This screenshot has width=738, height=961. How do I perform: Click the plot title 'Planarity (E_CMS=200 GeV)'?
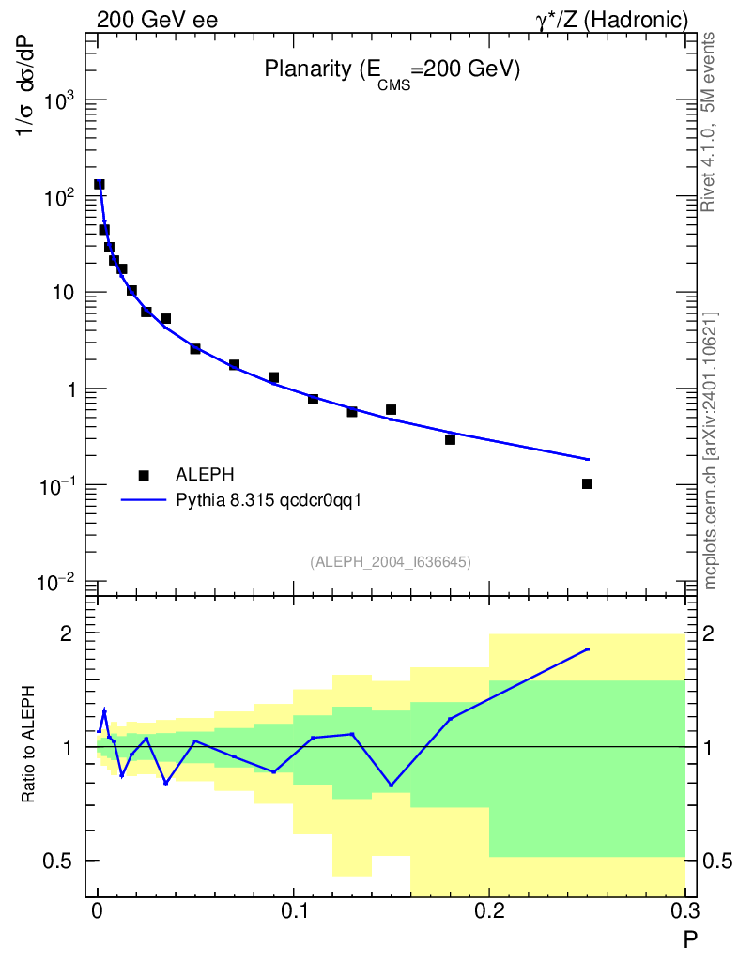pyautogui.click(x=392, y=71)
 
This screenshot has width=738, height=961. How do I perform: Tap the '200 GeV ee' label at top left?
pyautogui.click(x=157, y=21)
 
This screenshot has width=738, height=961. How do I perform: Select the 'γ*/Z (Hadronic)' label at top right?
pyautogui.click(x=612, y=21)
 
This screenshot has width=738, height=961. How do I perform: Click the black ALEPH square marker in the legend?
pyautogui.click(x=144, y=475)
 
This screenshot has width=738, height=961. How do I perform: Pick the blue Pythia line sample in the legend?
pyautogui.click(x=144, y=500)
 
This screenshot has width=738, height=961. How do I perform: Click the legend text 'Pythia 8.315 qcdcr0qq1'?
pyautogui.click(x=269, y=501)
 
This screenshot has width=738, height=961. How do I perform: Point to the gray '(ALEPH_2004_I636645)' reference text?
pyautogui.click(x=392, y=562)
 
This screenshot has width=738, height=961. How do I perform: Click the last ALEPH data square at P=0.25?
pyautogui.click(x=587, y=483)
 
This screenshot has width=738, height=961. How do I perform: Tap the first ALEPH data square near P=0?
pyautogui.click(x=100, y=184)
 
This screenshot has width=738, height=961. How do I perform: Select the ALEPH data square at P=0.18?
pyautogui.click(x=450, y=439)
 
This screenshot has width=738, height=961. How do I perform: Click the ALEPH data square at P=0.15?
pyautogui.click(x=392, y=409)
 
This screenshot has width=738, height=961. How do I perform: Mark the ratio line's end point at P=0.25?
pyautogui.click(x=587, y=649)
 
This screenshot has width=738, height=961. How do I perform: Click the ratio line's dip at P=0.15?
pyautogui.click(x=392, y=786)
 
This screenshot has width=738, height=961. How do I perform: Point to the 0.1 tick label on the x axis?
pyautogui.click(x=294, y=911)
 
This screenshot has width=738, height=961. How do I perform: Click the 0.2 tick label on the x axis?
pyautogui.click(x=489, y=911)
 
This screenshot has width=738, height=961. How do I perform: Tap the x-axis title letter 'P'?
pyautogui.click(x=691, y=939)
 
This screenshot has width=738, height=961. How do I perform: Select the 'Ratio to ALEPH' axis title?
pyautogui.click(x=28, y=744)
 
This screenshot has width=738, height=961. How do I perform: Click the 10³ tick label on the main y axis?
pyautogui.click(x=59, y=99)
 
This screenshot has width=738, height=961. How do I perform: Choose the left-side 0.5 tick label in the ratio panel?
pyautogui.click(x=57, y=861)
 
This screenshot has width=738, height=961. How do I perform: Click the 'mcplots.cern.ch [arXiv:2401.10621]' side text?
pyautogui.click(x=711, y=451)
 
